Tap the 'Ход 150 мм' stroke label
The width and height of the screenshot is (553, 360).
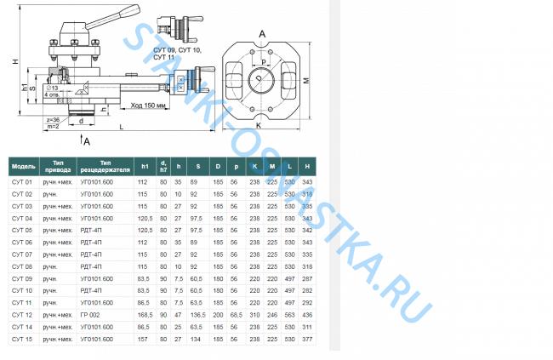point(149,106)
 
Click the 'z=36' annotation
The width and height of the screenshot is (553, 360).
point(52,120)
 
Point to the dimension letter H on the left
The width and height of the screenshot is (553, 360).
point(14,60)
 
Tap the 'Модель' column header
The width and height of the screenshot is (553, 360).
point(24,165)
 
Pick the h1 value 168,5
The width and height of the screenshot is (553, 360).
point(143,314)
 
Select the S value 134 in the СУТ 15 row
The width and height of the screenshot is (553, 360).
point(195,338)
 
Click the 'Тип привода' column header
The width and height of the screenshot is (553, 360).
point(58,165)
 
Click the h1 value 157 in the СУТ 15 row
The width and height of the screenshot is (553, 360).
point(143,338)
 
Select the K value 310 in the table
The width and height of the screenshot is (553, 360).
point(254,314)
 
